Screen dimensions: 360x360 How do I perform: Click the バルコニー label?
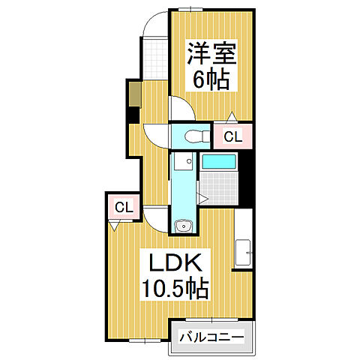point(211,338)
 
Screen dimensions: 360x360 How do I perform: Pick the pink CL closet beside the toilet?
point(232,136)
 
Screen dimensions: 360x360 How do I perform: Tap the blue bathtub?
point(219,161)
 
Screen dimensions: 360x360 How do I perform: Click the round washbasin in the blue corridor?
point(181,227)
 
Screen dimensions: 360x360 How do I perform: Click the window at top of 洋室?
point(195,9)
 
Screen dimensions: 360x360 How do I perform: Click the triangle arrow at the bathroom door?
point(203,197)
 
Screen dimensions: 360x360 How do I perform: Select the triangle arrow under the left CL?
point(114,223)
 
